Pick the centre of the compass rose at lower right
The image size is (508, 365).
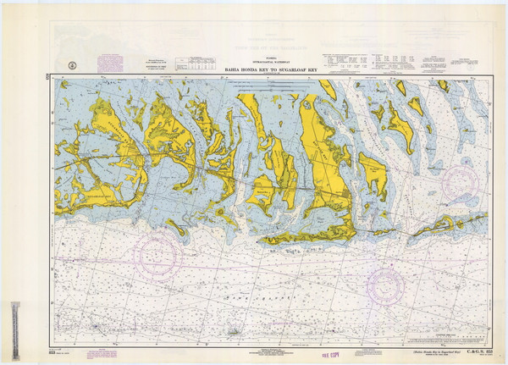click(385, 285)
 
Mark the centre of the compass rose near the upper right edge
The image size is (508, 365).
click(461, 181)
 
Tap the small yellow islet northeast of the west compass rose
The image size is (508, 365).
click(176, 225)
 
